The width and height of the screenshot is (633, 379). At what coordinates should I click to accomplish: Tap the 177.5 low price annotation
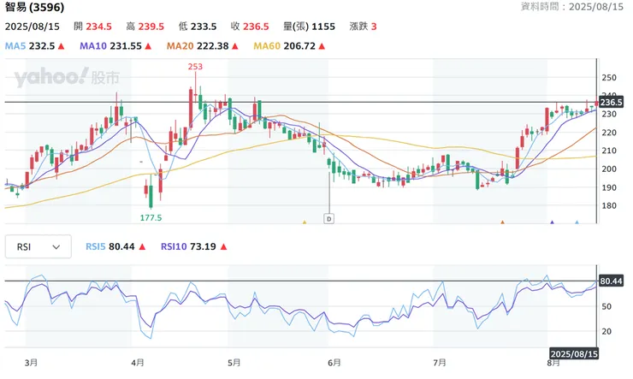coord(151,217)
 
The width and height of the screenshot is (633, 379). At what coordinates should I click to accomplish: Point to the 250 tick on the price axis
coord(608,77)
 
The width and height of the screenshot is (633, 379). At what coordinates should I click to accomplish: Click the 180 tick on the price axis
coord(608,205)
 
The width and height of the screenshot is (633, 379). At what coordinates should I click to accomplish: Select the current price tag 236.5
coord(611,103)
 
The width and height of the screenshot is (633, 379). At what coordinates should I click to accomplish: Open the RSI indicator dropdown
coord(39,247)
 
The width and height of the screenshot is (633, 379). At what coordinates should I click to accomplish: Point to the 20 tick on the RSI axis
coord(606,331)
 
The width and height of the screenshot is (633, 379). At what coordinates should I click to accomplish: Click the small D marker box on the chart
coord(328,219)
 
